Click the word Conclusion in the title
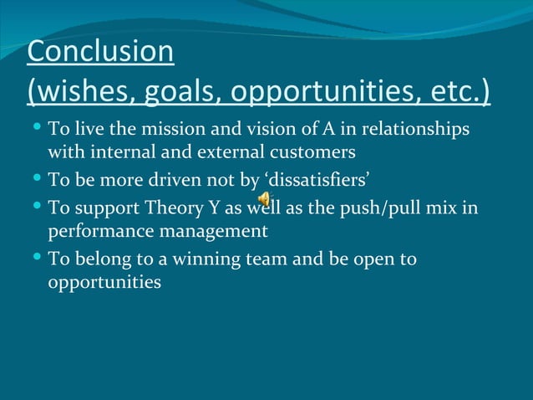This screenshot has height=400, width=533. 100,51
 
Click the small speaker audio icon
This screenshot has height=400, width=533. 263,199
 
